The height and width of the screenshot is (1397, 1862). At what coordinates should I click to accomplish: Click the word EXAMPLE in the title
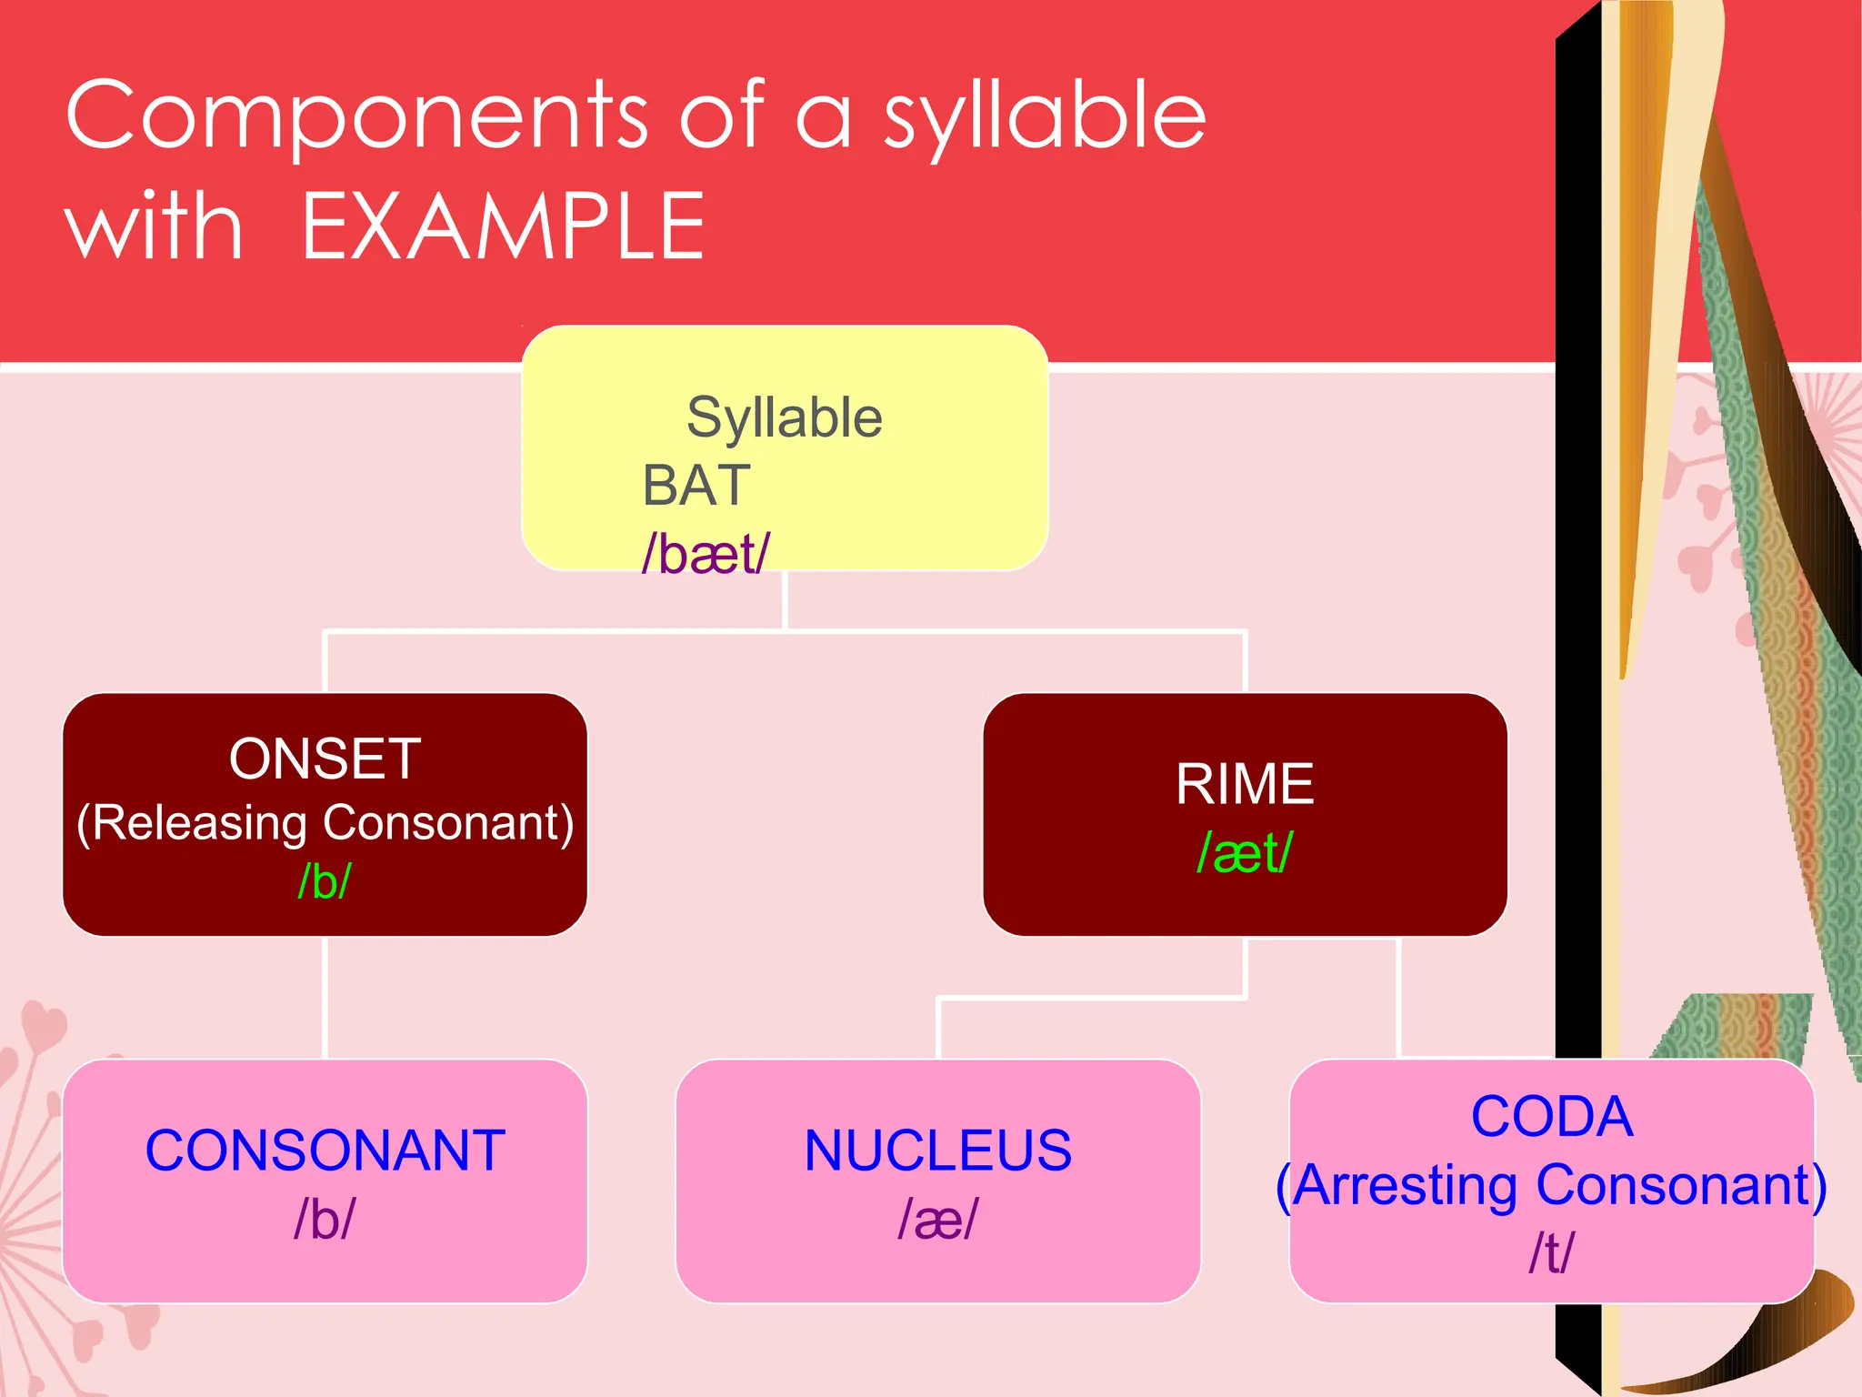click(503, 227)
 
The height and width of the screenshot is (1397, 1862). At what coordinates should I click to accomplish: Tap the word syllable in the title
click(1045, 118)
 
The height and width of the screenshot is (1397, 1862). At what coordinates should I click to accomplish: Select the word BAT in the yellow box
click(696, 486)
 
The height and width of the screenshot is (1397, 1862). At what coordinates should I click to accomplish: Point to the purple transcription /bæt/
click(706, 554)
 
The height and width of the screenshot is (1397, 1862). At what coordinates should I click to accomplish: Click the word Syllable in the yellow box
click(784, 418)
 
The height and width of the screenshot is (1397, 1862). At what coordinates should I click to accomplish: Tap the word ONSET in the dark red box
click(325, 759)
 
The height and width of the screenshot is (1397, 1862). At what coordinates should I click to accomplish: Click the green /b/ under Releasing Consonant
click(325, 880)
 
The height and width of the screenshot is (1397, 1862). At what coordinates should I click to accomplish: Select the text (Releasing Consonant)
click(325, 822)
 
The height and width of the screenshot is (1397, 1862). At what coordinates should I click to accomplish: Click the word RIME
click(1245, 784)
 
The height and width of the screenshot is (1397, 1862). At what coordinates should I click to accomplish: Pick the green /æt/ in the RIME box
click(1245, 853)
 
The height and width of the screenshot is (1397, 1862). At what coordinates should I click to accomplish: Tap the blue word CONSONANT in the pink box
click(325, 1151)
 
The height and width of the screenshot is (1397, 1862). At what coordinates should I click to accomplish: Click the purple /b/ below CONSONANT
click(325, 1219)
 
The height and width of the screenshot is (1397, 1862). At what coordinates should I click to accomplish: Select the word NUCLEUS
click(937, 1151)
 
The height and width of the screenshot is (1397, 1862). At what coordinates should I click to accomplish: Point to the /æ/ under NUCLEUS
click(937, 1219)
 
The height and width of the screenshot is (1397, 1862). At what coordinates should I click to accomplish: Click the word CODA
click(1551, 1117)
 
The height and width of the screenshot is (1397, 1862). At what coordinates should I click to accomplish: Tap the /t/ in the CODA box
click(1551, 1253)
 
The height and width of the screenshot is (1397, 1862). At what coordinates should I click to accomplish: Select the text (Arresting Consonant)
click(1551, 1185)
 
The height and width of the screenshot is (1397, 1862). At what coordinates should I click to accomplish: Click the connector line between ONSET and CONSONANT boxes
click(325, 998)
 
